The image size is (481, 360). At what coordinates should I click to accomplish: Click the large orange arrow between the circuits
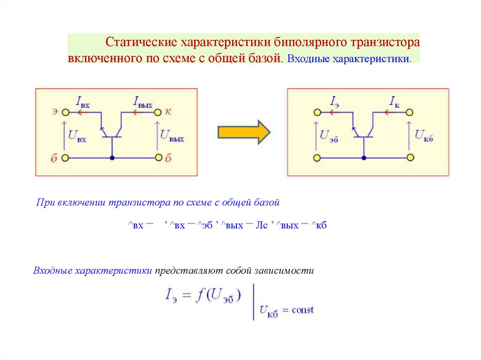pyautogui.click(x=244, y=132)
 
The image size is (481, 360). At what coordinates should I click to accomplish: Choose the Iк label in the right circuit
pyautogui.click(x=395, y=102)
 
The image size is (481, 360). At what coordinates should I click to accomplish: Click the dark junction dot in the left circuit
pyautogui.click(x=112, y=158)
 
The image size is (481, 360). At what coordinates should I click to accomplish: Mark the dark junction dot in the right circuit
pyautogui.click(x=364, y=158)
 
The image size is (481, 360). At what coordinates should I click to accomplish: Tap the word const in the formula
pyautogui.click(x=303, y=310)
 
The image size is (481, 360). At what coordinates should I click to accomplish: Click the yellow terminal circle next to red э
pyautogui.click(x=66, y=113)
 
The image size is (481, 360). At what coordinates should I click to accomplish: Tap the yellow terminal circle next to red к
pyautogui.click(x=159, y=113)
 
